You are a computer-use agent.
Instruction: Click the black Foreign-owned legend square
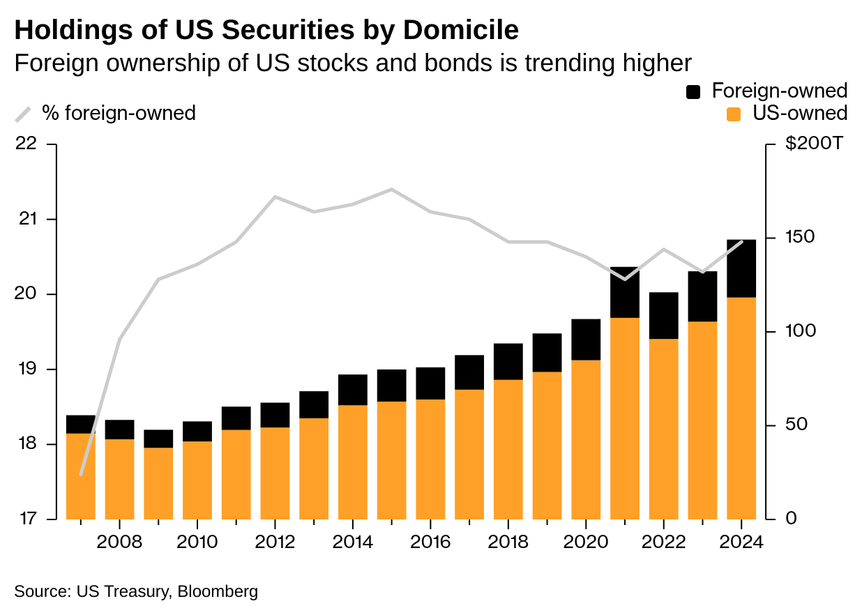coord(693,92)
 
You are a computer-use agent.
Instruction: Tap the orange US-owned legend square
coord(734,114)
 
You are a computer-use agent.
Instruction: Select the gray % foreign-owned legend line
coord(23,114)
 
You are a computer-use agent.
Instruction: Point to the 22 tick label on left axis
coord(26,144)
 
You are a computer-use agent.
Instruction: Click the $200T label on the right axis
coord(814,143)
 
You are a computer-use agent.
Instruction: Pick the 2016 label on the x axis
coord(430,542)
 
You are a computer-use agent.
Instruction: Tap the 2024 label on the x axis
coord(741,542)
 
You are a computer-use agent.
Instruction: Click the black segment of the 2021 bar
coord(625,292)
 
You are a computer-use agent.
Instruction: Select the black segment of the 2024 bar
coord(741,268)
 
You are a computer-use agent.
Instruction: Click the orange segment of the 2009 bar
coord(158,484)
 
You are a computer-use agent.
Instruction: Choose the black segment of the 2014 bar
coord(352,390)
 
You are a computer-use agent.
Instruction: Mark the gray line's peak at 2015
coord(391,190)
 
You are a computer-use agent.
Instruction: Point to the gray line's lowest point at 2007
coord(81,475)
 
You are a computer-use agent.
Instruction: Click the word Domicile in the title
coord(461,30)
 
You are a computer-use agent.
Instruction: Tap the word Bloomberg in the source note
coord(218,591)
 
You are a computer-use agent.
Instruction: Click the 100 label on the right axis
coord(801,331)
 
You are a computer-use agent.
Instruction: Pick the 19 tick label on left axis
coord(27,369)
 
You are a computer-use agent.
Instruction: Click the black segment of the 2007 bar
coord(81,425)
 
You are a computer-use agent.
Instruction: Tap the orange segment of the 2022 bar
coord(663,429)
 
